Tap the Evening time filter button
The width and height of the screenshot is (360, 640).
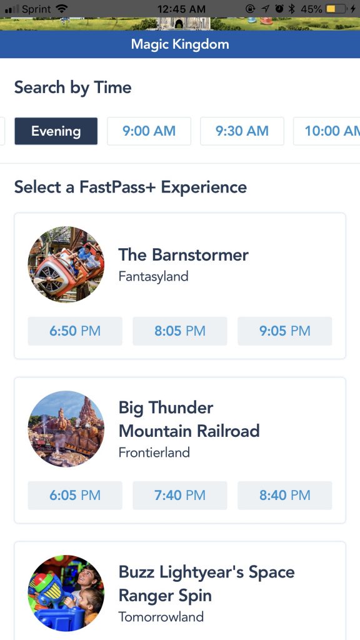tap(56, 131)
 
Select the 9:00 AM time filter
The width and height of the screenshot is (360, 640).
tap(149, 131)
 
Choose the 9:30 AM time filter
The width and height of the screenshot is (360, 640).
tap(242, 131)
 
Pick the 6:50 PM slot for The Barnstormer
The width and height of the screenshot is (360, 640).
tap(75, 331)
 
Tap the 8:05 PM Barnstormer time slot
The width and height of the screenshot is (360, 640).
tap(180, 331)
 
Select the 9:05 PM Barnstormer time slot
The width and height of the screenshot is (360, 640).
tap(285, 331)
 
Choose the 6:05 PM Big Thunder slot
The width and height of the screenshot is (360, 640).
tap(75, 496)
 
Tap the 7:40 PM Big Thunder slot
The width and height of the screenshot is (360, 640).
tap(180, 496)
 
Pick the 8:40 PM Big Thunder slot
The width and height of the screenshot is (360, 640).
tap(285, 496)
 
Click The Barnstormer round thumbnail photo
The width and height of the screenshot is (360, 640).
tap(66, 264)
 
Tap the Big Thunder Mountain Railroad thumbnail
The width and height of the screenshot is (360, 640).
tap(66, 429)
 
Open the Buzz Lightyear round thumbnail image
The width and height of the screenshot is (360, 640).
tap(66, 594)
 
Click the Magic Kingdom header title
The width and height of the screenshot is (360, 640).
tap(180, 44)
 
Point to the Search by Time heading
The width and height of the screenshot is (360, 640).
tap(72, 87)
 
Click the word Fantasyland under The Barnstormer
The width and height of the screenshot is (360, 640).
tap(154, 276)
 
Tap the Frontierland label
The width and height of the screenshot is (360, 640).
tap(154, 452)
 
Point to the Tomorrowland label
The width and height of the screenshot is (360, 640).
tap(161, 616)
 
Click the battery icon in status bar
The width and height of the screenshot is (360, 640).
tap(336, 9)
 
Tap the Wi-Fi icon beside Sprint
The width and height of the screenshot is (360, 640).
tap(62, 9)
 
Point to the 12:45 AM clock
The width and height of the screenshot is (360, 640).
tap(181, 9)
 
